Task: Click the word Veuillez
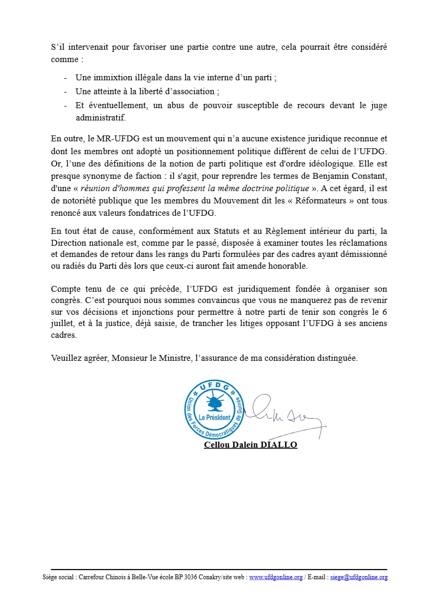coord(67,358)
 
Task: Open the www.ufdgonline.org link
coord(276,577)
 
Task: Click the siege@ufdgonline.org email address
coord(358,577)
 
